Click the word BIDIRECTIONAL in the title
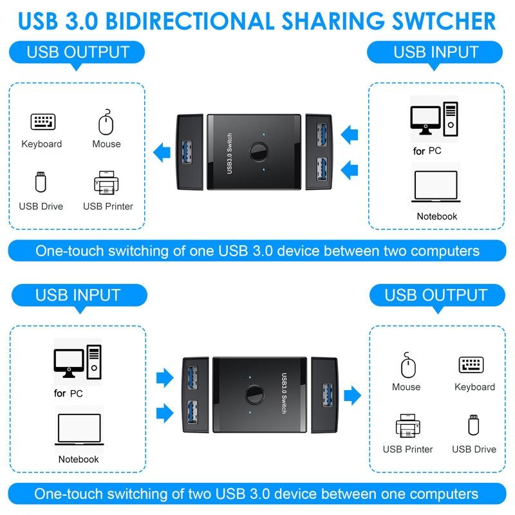click(x=190, y=21)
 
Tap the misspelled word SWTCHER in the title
click(x=444, y=21)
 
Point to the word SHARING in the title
click(x=333, y=21)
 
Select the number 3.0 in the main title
click(x=82, y=21)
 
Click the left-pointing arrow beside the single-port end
click(x=162, y=153)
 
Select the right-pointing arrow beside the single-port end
click(x=352, y=395)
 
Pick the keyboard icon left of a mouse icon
click(x=43, y=122)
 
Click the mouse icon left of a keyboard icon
click(x=408, y=364)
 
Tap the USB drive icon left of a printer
click(x=41, y=182)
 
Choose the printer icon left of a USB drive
click(x=408, y=426)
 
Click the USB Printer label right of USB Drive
click(x=108, y=206)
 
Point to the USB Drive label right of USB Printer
click(x=474, y=449)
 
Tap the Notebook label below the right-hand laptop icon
click(x=437, y=216)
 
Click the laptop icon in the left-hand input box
click(x=79, y=429)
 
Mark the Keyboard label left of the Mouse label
click(x=42, y=144)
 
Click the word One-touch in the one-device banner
click(x=70, y=251)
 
